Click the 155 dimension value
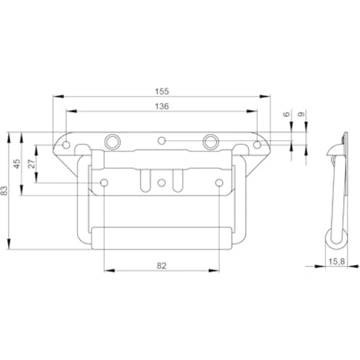tap(162, 91)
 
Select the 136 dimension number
tap(162, 106)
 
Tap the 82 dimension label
tap(161, 266)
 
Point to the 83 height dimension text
tap(4, 191)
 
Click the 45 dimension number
tap(17, 164)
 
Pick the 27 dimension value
tap(32, 164)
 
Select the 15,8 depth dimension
tap(337, 261)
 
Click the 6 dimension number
tap(287, 114)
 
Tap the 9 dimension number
tap(301, 114)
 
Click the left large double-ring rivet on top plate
tap(112, 142)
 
